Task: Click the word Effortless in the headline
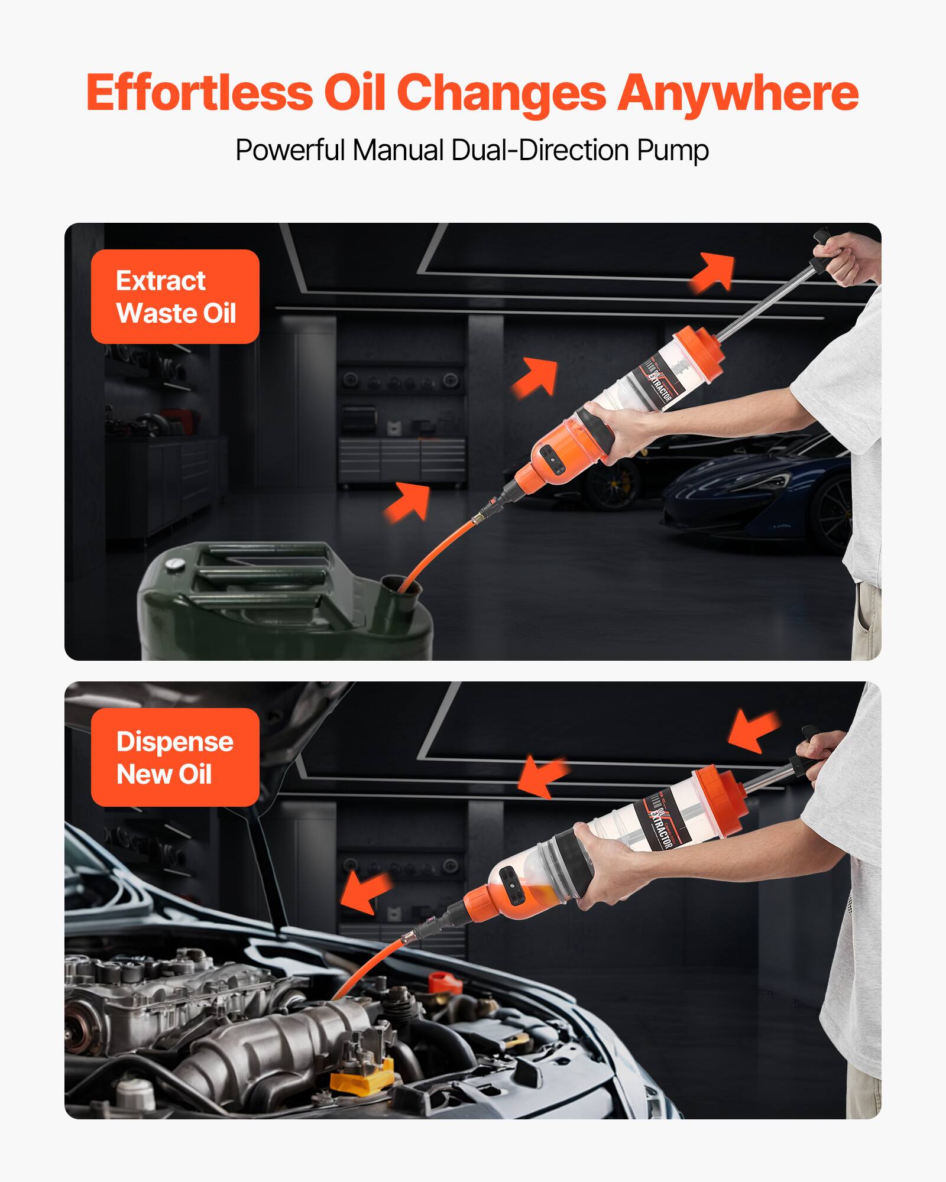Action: click(199, 93)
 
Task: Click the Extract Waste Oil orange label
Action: click(175, 297)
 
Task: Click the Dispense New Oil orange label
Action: click(175, 757)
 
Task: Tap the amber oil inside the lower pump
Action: click(533, 898)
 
